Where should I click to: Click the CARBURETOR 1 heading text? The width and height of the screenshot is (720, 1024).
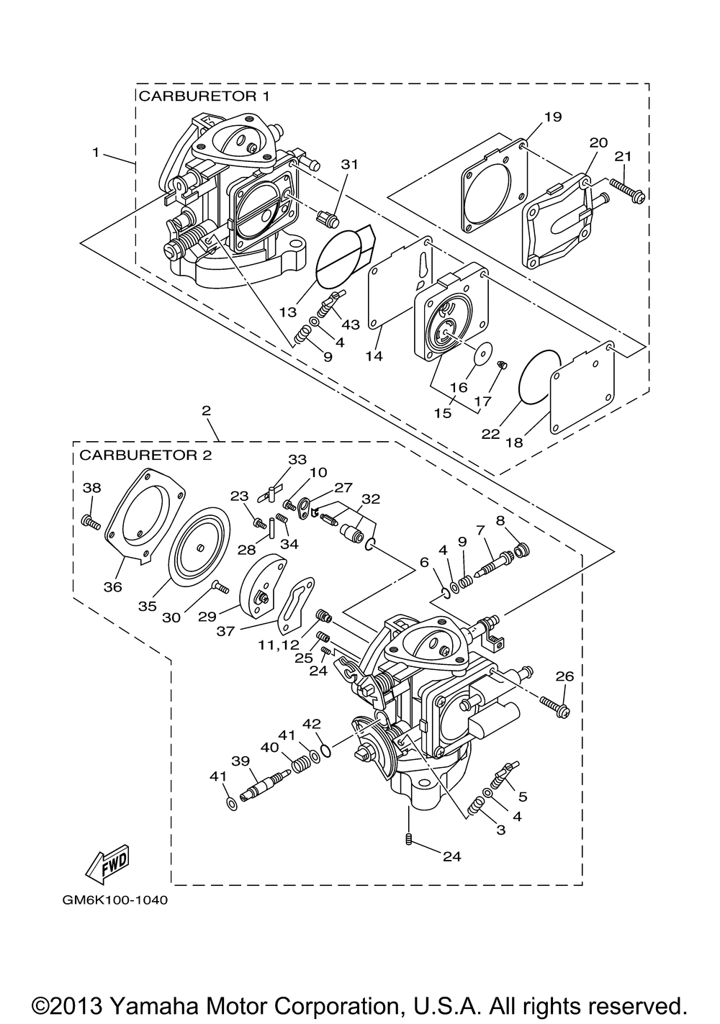[204, 96]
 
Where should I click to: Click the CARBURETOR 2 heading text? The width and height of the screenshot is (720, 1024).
[145, 456]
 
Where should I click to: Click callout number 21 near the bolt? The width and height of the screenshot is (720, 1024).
[623, 156]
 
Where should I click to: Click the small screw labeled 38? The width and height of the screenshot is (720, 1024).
[90, 521]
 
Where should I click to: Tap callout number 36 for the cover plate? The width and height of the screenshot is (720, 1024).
[112, 587]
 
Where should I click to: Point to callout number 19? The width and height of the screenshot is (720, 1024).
[552, 117]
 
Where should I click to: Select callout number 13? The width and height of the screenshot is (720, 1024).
[288, 312]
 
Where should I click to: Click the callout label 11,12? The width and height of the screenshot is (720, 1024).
[279, 645]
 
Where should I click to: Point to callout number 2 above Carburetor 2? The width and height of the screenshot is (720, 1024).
[207, 410]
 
